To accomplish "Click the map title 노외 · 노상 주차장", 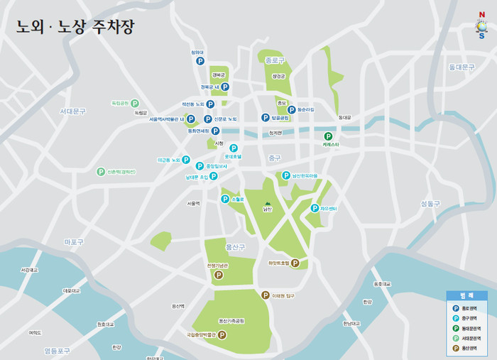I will coord(75,27).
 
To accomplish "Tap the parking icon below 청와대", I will coord(200,62).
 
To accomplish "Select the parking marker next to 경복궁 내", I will coord(224,87).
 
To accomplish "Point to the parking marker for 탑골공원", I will coord(266,118).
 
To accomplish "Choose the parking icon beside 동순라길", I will coord(292,110).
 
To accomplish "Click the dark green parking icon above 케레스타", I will coord(328,136).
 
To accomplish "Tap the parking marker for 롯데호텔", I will coord(233,148).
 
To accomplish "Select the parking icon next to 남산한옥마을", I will coord(286,175).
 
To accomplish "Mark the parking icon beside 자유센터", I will coord(315,208).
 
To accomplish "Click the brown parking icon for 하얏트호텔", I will coord(295,263).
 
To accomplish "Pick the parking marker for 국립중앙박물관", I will coord(222,334).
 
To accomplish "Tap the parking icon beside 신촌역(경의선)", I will coord(101,171).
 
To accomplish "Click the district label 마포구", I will coord(74,242).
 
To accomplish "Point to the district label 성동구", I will coord(430,203).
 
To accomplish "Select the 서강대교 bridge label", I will coord(30,270).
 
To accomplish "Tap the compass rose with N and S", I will coord(481,25).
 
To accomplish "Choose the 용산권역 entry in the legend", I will coord(468,348).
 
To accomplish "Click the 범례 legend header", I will coord(466,295).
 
